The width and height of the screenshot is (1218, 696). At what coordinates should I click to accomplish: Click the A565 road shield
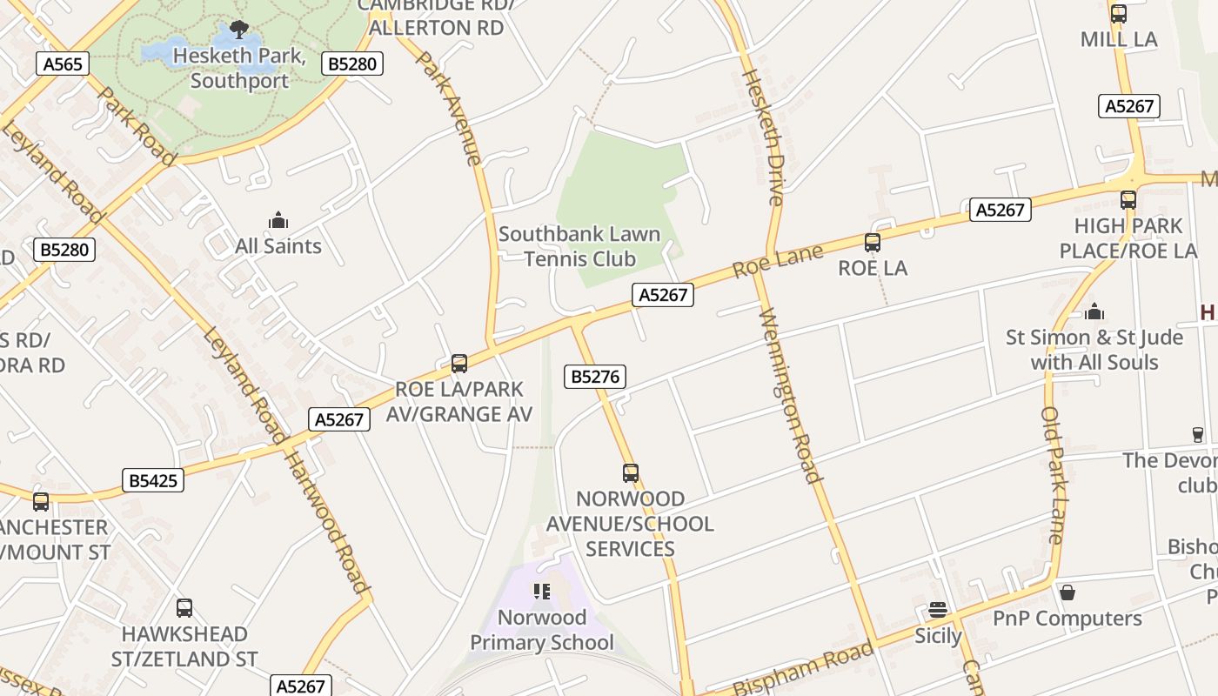tap(64, 64)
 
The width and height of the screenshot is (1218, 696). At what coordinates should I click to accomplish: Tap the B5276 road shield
tap(595, 377)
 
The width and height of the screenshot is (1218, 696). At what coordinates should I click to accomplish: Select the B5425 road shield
tap(153, 480)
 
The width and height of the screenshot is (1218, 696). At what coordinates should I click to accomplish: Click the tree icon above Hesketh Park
tap(239, 30)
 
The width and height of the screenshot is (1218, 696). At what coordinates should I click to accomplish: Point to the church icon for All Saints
tap(278, 219)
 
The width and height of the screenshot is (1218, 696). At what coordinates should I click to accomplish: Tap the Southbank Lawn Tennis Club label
tap(579, 246)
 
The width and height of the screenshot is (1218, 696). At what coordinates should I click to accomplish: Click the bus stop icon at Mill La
tap(1119, 14)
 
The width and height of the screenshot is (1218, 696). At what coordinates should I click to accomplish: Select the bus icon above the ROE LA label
tap(873, 243)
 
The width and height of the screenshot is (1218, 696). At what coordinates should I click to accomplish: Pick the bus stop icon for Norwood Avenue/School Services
tap(631, 473)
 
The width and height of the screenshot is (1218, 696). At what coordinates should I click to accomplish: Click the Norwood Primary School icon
tap(542, 592)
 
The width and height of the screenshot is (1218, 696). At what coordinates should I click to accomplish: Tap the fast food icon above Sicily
tap(937, 610)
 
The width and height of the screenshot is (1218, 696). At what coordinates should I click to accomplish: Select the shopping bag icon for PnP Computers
tap(1067, 592)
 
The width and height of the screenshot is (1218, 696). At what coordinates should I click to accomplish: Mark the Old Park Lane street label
tap(1053, 475)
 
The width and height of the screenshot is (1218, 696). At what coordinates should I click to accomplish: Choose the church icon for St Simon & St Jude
tap(1094, 311)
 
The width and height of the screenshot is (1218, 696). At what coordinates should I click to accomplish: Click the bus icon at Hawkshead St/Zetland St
tap(184, 608)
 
